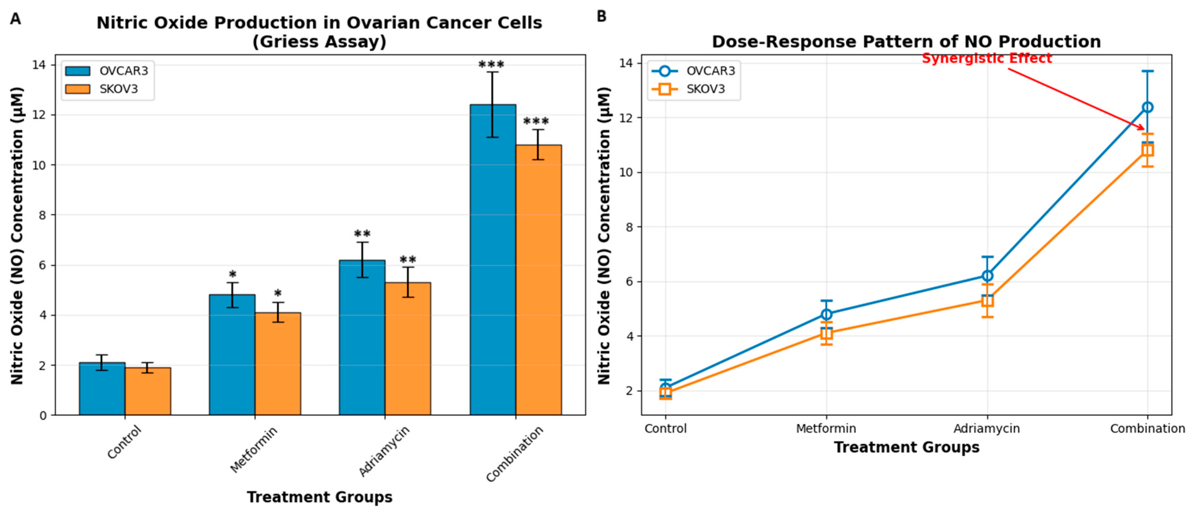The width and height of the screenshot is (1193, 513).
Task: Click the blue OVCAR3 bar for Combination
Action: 493,259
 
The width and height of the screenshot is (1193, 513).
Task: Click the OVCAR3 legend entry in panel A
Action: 107,71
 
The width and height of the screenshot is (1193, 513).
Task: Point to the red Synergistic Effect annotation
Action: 987,59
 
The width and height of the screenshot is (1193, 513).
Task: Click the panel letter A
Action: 15,19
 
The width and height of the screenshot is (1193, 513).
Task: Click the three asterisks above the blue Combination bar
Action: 491,64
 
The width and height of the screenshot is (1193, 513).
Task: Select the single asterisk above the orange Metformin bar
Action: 277,294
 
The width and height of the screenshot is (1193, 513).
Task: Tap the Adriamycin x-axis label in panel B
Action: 987,429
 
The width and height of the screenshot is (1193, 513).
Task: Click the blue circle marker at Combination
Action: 1147,107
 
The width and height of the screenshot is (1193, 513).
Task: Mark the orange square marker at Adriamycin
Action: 987,301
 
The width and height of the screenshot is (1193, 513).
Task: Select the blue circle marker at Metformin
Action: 826,314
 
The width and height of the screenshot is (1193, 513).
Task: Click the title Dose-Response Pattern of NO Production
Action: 906,42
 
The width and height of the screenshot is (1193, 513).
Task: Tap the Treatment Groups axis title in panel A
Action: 320,497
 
